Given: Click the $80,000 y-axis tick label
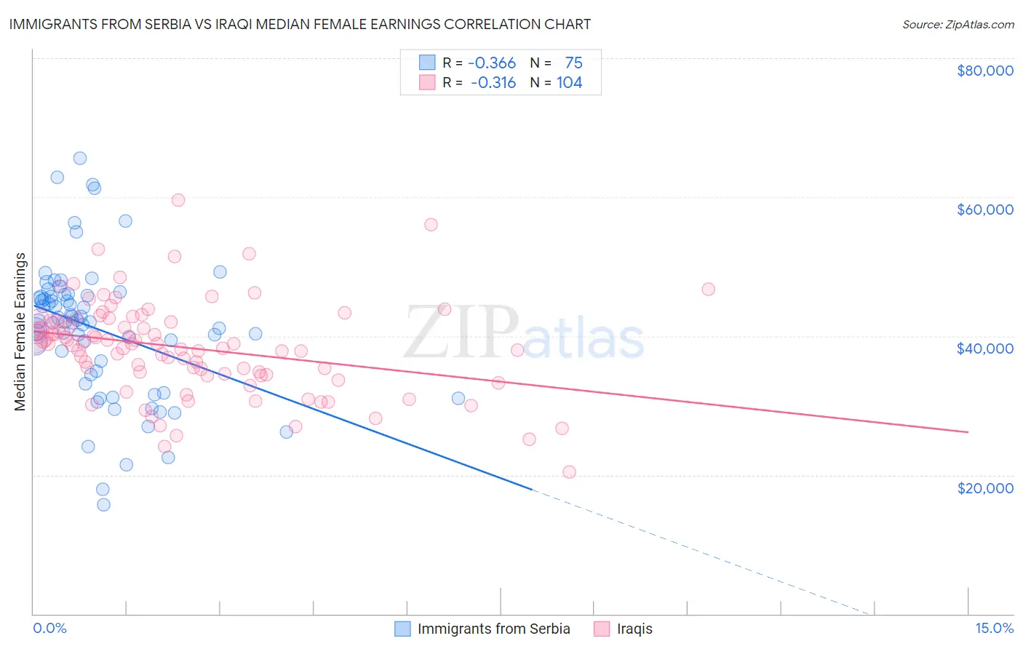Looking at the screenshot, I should pos(984,71).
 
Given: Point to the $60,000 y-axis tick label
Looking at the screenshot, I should pos(984,210).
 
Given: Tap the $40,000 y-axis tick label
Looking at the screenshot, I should pos(984,349).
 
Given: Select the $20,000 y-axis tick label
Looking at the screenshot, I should pos(984,487).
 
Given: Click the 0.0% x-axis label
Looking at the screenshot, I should pos(49,628).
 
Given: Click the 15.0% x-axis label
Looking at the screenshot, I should pos(993,628).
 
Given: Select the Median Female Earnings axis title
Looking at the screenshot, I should pos(20,332).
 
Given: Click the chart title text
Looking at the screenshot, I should pos(300,24).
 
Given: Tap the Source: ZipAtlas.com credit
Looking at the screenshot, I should pos(958,24).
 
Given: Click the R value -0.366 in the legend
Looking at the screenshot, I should pos(492,63).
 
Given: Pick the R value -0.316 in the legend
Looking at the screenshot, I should pos(493,82).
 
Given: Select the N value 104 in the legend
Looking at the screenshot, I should pos(569,82).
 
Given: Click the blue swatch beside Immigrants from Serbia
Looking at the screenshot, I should pos(402,629).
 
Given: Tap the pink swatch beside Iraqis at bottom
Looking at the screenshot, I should pos(602,629).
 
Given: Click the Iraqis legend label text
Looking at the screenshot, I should pos(634,629).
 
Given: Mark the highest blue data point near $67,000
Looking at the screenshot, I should pos(80,158).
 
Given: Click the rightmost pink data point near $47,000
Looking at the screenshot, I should pos(708,289).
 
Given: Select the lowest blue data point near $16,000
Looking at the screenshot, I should pos(103,504).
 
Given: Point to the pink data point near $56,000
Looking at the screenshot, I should pos(431,225).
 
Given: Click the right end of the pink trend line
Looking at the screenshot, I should pos(968,432).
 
